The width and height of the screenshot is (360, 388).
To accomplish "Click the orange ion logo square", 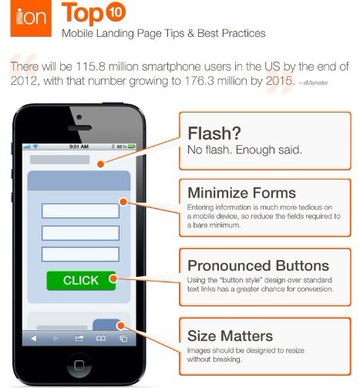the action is click(31, 18).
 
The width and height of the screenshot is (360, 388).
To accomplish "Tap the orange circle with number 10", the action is click(116, 12).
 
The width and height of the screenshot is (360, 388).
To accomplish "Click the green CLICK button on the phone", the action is click(81, 281).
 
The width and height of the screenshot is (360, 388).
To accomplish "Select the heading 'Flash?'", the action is click(214, 133).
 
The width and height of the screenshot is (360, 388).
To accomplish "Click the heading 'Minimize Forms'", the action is click(242, 193).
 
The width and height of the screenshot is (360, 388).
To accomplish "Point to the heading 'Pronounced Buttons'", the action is click(258, 265).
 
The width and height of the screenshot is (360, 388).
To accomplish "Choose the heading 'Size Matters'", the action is click(230, 336).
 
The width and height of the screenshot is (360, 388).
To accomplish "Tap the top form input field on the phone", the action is click(80, 211).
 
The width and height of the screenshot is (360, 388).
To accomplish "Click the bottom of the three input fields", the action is click(80, 254).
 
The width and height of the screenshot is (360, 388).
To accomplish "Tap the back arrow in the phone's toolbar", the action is click(33, 339).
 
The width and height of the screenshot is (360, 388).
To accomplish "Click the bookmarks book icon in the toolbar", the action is click(101, 339).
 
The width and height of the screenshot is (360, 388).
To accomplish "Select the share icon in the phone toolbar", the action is click(79, 338).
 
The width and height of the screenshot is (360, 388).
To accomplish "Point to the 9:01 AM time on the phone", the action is click(79, 147).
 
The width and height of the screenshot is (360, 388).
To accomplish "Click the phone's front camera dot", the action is click(79, 117).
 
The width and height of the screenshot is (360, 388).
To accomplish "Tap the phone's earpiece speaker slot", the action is click(79, 128).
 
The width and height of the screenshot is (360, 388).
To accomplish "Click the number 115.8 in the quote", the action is click(90, 67).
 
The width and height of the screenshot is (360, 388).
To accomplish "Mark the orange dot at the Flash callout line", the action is click(101, 164).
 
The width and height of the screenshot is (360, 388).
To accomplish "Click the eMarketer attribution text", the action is click(314, 83).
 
